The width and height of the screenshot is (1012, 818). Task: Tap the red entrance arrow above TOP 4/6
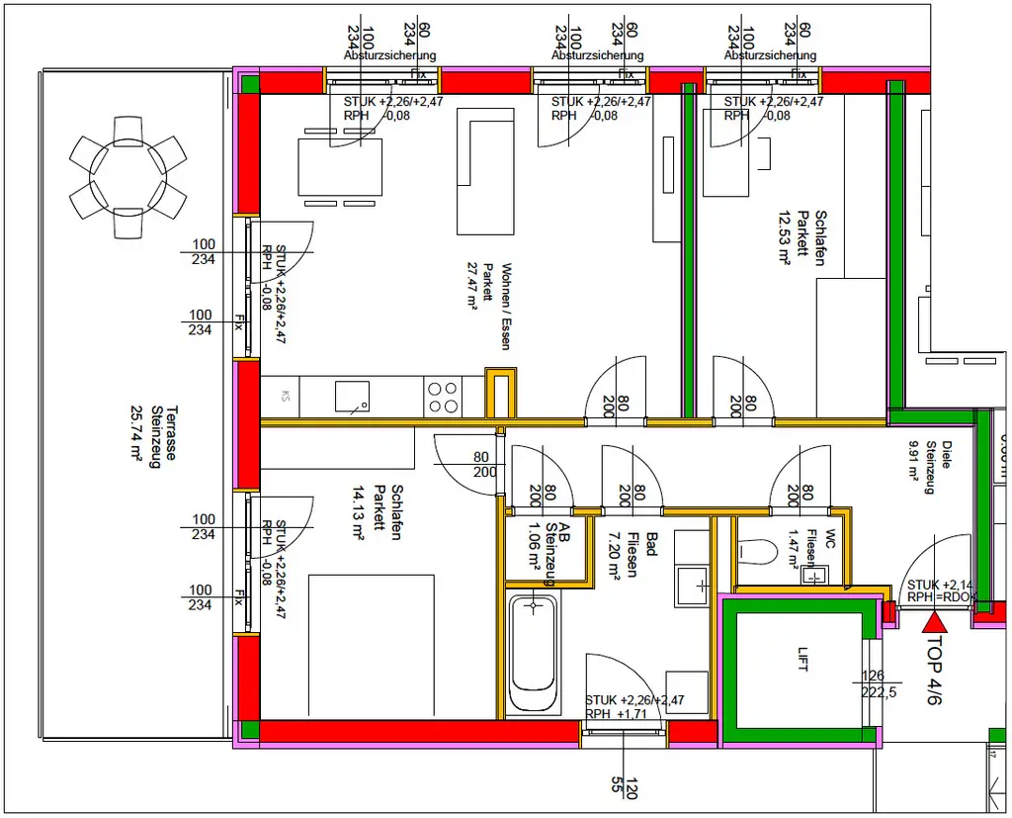(x=934, y=622)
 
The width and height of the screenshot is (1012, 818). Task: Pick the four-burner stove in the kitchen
(x=443, y=397)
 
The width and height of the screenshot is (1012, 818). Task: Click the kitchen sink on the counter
(x=351, y=397)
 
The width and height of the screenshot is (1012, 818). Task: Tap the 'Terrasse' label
(x=171, y=436)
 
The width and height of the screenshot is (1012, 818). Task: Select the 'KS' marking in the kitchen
(x=286, y=397)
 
